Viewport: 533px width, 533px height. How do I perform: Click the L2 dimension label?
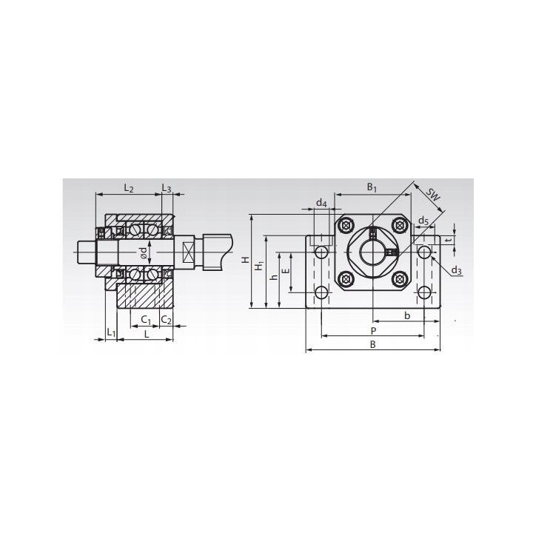tap(128, 187)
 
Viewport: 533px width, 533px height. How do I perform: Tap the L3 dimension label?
tap(167, 187)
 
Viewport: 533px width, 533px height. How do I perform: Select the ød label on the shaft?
tap(144, 252)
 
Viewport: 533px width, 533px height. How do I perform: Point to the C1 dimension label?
tap(146, 320)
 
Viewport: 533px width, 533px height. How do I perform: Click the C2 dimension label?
tap(167, 320)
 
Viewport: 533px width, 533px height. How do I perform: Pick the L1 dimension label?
tap(111, 332)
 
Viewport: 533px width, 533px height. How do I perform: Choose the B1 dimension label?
tap(372, 187)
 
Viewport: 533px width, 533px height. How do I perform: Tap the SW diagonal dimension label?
tap(433, 195)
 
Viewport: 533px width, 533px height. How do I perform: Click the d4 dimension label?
tap(321, 203)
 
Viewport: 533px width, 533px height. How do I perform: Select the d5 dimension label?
tap(423, 221)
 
